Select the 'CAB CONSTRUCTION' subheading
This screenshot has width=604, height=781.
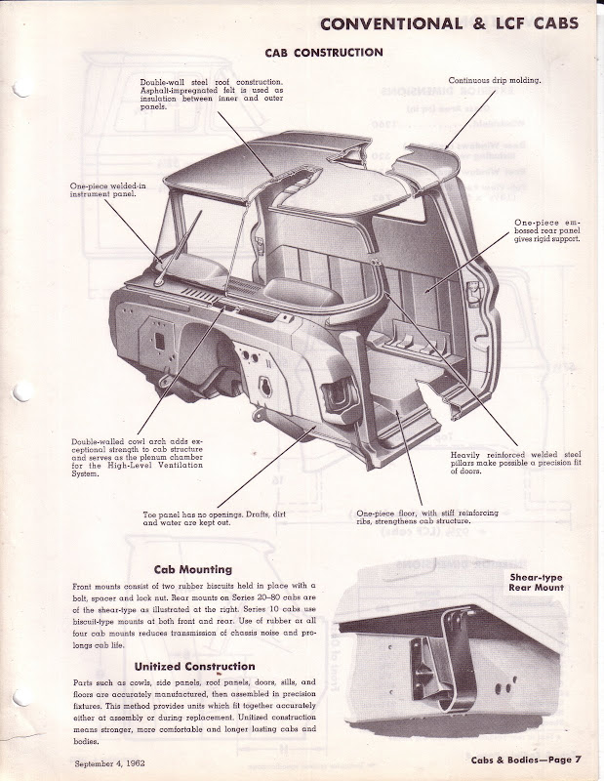(324, 52)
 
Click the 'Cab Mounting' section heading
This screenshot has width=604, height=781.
(192, 568)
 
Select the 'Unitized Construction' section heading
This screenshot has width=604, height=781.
(186, 666)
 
